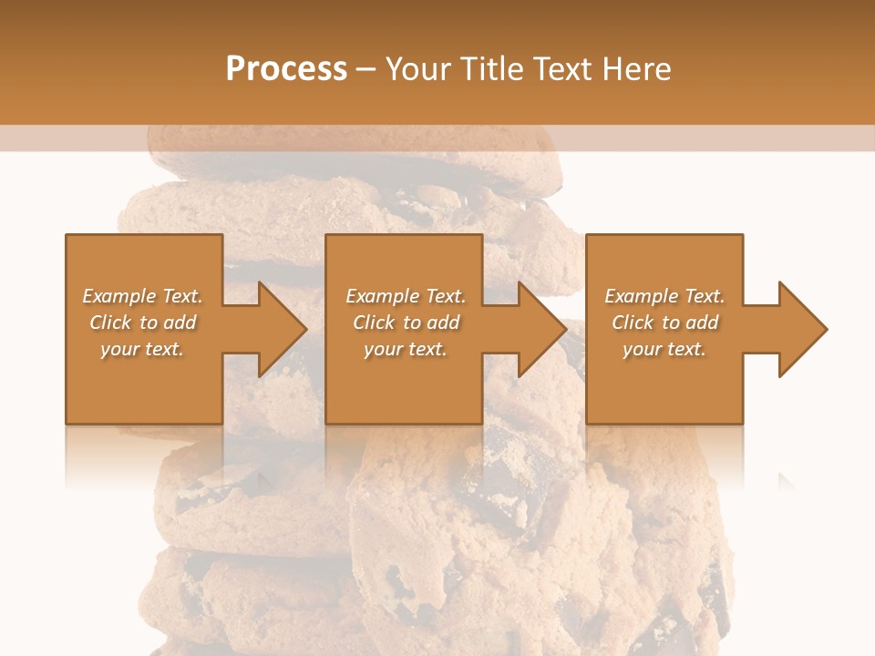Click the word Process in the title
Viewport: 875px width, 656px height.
[x=286, y=69]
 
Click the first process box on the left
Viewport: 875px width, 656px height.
[x=144, y=392]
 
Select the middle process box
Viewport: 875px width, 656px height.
[x=404, y=392]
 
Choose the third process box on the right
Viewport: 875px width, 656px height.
[x=664, y=392]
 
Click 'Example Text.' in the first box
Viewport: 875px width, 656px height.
[x=142, y=296]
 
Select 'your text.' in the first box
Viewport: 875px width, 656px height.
[x=142, y=349]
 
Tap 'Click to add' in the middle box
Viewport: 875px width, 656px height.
[x=406, y=323]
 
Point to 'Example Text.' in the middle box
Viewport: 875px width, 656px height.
[x=406, y=296]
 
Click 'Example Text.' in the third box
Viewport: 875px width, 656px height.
[x=664, y=296]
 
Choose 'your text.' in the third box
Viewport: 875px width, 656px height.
[x=664, y=349]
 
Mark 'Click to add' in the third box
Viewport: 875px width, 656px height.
[x=664, y=323]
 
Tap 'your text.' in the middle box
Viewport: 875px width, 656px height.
[x=406, y=349]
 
